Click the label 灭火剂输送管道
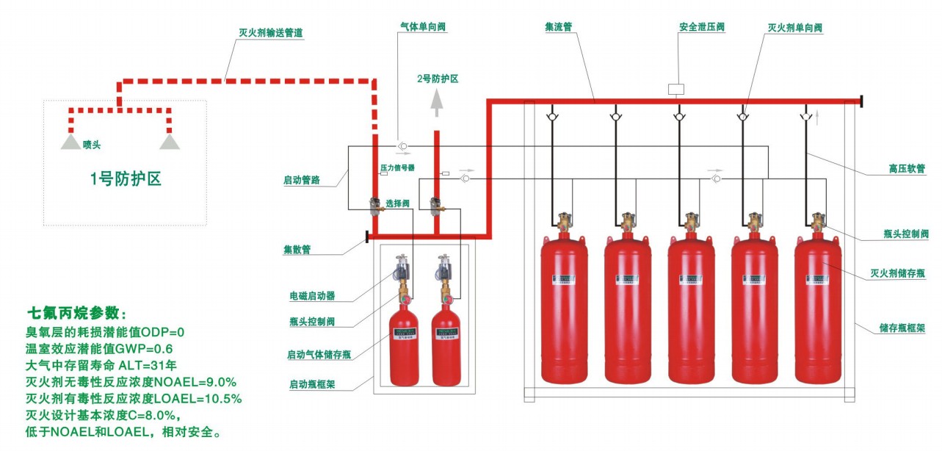(x=271, y=32)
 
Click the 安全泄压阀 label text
(x=701, y=26)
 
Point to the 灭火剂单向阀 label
(x=794, y=27)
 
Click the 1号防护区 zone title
(x=125, y=178)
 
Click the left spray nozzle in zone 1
(x=71, y=140)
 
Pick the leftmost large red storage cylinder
(x=564, y=309)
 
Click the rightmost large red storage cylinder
(x=818, y=309)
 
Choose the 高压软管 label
(x=902, y=169)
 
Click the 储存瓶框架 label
(x=902, y=328)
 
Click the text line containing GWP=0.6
(x=99, y=348)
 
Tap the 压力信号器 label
(x=397, y=167)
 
